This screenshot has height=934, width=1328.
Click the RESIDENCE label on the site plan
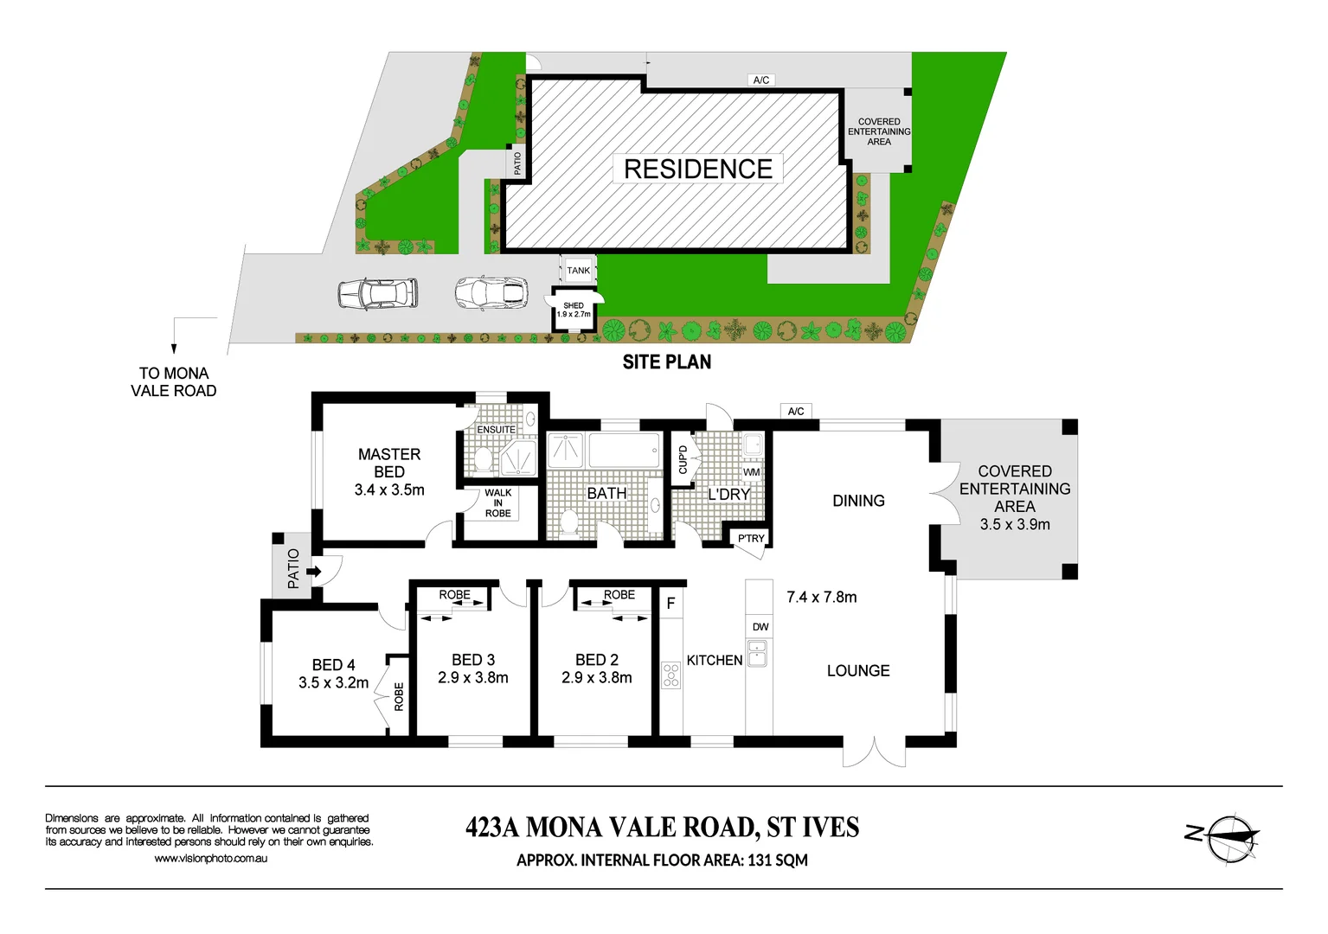pos(697,169)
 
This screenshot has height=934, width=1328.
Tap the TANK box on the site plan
pos(578,271)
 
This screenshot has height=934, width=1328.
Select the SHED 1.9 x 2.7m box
pos(573,310)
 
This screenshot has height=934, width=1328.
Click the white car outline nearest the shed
pos(491,293)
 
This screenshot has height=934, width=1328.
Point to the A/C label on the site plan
pos(761,80)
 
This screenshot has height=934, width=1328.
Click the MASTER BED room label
pos(389,463)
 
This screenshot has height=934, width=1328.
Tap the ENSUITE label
pos(496,430)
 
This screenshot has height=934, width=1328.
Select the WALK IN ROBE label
pos(497,503)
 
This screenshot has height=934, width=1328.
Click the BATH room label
pos(606,493)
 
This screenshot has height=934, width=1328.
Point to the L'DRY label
pos(728,495)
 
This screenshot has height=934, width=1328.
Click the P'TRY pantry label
pos(751,538)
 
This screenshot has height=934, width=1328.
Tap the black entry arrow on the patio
pos(313,572)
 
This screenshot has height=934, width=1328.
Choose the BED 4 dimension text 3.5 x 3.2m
pos(333,682)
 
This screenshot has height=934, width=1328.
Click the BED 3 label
pos(473,660)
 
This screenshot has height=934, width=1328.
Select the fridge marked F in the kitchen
pos(670,604)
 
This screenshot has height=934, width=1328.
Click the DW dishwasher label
pos(760,627)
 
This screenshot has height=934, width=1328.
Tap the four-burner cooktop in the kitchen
pos(671,675)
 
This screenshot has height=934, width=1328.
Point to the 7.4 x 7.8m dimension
pos(821,597)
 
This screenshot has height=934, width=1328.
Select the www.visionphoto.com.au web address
pos(210,859)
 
